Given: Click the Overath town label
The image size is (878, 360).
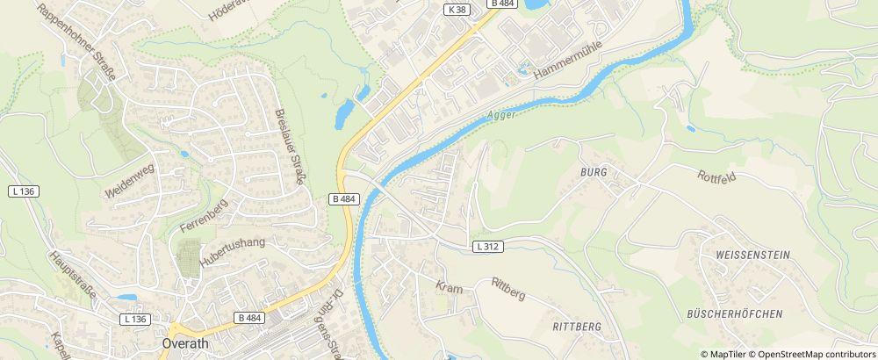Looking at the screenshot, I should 186,343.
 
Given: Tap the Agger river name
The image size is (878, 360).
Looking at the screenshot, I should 501,113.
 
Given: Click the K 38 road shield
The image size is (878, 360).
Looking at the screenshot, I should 456,9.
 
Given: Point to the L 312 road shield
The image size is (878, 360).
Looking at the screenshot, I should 488,247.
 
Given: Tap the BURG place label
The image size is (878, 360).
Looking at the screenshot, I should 594,173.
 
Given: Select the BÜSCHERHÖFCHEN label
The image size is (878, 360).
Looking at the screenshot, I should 734,313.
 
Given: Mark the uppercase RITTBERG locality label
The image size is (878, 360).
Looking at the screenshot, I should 577,326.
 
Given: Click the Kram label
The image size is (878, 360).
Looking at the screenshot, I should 449,287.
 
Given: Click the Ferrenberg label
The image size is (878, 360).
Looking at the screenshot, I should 203,215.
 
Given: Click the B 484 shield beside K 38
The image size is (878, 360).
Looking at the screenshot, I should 502,4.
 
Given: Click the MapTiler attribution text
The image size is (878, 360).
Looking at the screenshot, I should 726,353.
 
